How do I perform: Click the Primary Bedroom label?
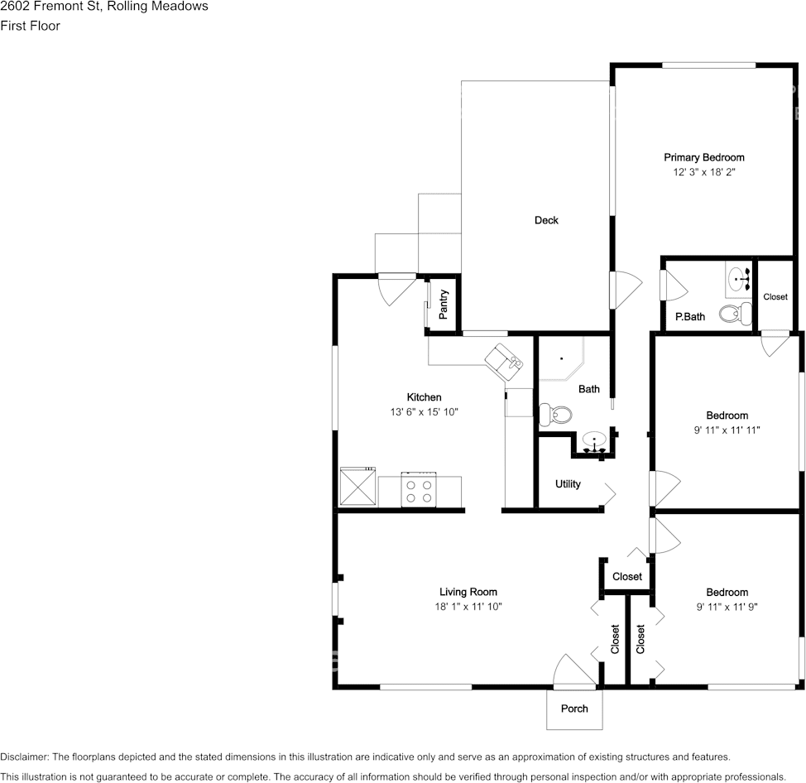(x=703, y=157)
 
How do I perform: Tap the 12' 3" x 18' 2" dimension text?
(x=704, y=172)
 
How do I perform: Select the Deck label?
(x=546, y=220)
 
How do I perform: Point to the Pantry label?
(x=443, y=305)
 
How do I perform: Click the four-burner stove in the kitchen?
(x=419, y=489)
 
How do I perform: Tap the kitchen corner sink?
(x=504, y=363)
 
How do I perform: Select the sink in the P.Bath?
(x=739, y=279)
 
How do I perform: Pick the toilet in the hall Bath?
(x=555, y=414)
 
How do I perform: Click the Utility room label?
(x=568, y=483)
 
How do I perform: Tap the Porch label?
(x=574, y=709)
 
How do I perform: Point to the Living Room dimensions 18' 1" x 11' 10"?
(x=468, y=607)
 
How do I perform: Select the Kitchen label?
(x=424, y=397)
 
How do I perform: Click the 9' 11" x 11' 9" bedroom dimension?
(x=727, y=607)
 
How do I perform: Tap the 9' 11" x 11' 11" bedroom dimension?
(x=727, y=430)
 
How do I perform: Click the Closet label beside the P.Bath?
(x=775, y=296)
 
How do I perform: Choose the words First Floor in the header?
(x=31, y=26)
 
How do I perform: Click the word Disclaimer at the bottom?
(x=24, y=757)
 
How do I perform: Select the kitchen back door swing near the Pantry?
(x=397, y=290)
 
